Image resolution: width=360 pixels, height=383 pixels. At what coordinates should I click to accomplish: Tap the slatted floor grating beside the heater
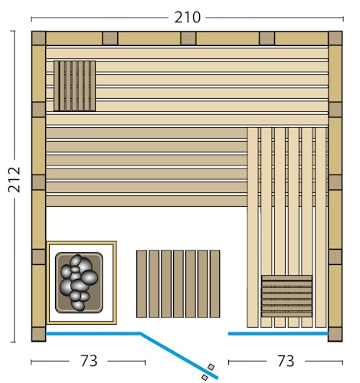click(x=178, y=283)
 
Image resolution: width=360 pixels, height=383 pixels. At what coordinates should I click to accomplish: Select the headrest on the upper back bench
click(x=74, y=86)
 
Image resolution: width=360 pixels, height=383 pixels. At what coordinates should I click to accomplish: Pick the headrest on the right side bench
click(x=286, y=296)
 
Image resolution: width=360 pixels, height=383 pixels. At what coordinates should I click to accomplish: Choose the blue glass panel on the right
click(x=277, y=334)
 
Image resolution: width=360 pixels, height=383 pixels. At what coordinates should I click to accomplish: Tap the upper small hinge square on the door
click(x=211, y=368)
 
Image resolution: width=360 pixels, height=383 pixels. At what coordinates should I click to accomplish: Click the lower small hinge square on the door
click(x=205, y=377)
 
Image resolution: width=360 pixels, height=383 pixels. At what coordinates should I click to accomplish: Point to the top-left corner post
click(x=38, y=38)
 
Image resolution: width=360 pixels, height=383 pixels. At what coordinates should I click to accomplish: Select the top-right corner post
click(x=335, y=38)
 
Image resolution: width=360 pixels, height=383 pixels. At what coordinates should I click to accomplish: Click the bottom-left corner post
click(x=38, y=334)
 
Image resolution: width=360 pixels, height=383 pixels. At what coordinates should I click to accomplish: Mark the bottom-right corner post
click(x=335, y=334)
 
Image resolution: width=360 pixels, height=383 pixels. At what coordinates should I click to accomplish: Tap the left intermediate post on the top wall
click(x=110, y=38)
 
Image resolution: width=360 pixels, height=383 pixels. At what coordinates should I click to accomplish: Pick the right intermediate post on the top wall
click(x=266, y=38)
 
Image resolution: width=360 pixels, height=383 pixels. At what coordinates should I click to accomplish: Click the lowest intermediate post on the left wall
click(x=38, y=257)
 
